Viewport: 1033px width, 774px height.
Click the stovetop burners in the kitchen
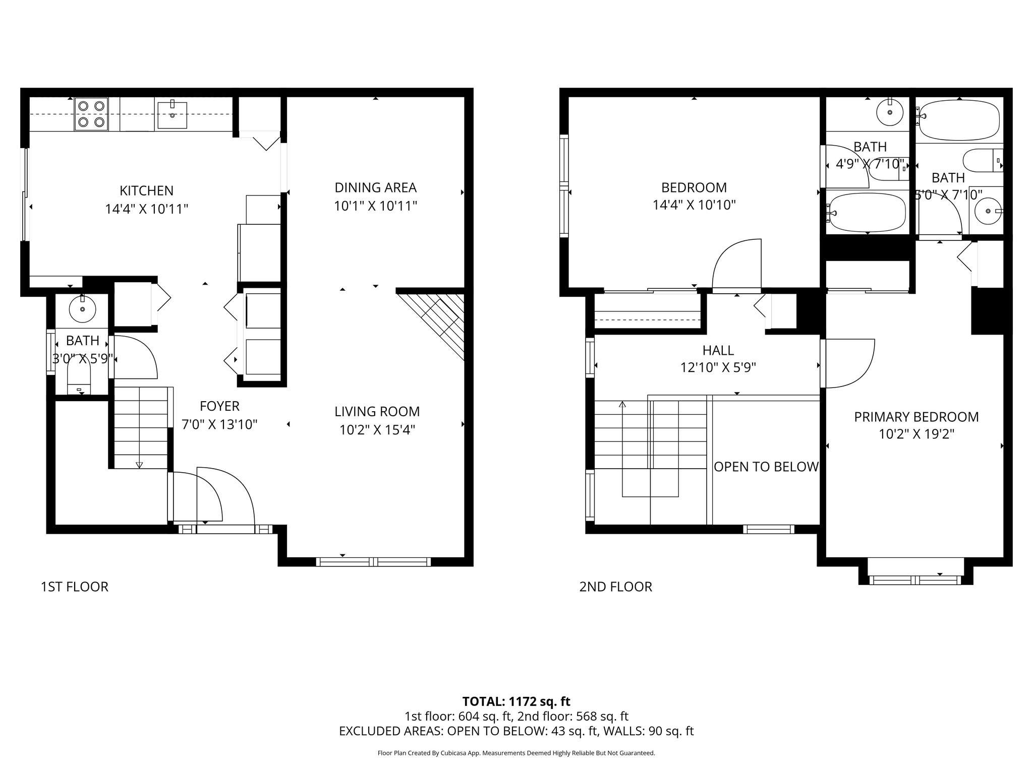tap(91, 114)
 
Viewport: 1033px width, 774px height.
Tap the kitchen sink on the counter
tap(173, 115)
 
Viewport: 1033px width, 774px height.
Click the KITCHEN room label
tap(146, 190)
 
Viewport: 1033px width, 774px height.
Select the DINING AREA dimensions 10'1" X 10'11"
tap(375, 206)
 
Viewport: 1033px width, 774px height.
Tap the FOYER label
tap(219, 406)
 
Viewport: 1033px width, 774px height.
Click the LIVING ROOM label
tap(377, 412)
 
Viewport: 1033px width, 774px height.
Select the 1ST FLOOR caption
tap(74, 587)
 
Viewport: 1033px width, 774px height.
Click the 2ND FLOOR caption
tap(615, 587)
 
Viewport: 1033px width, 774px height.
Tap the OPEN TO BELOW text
tap(766, 467)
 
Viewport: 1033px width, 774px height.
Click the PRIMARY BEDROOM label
tap(916, 417)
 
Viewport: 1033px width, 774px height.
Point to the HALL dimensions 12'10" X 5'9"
tap(718, 368)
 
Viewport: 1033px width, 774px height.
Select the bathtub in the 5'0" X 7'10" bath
tap(959, 119)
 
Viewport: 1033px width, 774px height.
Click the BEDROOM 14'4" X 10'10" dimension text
tap(694, 205)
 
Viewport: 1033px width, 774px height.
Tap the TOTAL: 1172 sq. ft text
tap(516, 701)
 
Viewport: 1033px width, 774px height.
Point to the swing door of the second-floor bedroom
tap(736, 266)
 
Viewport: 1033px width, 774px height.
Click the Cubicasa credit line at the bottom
tap(516, 753)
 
